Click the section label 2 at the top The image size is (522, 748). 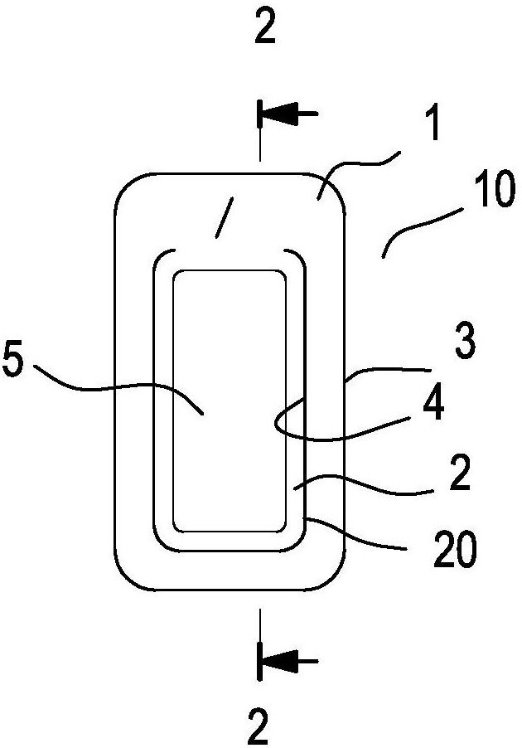click(263, 29)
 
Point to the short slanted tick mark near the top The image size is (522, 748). click(222, 217)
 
